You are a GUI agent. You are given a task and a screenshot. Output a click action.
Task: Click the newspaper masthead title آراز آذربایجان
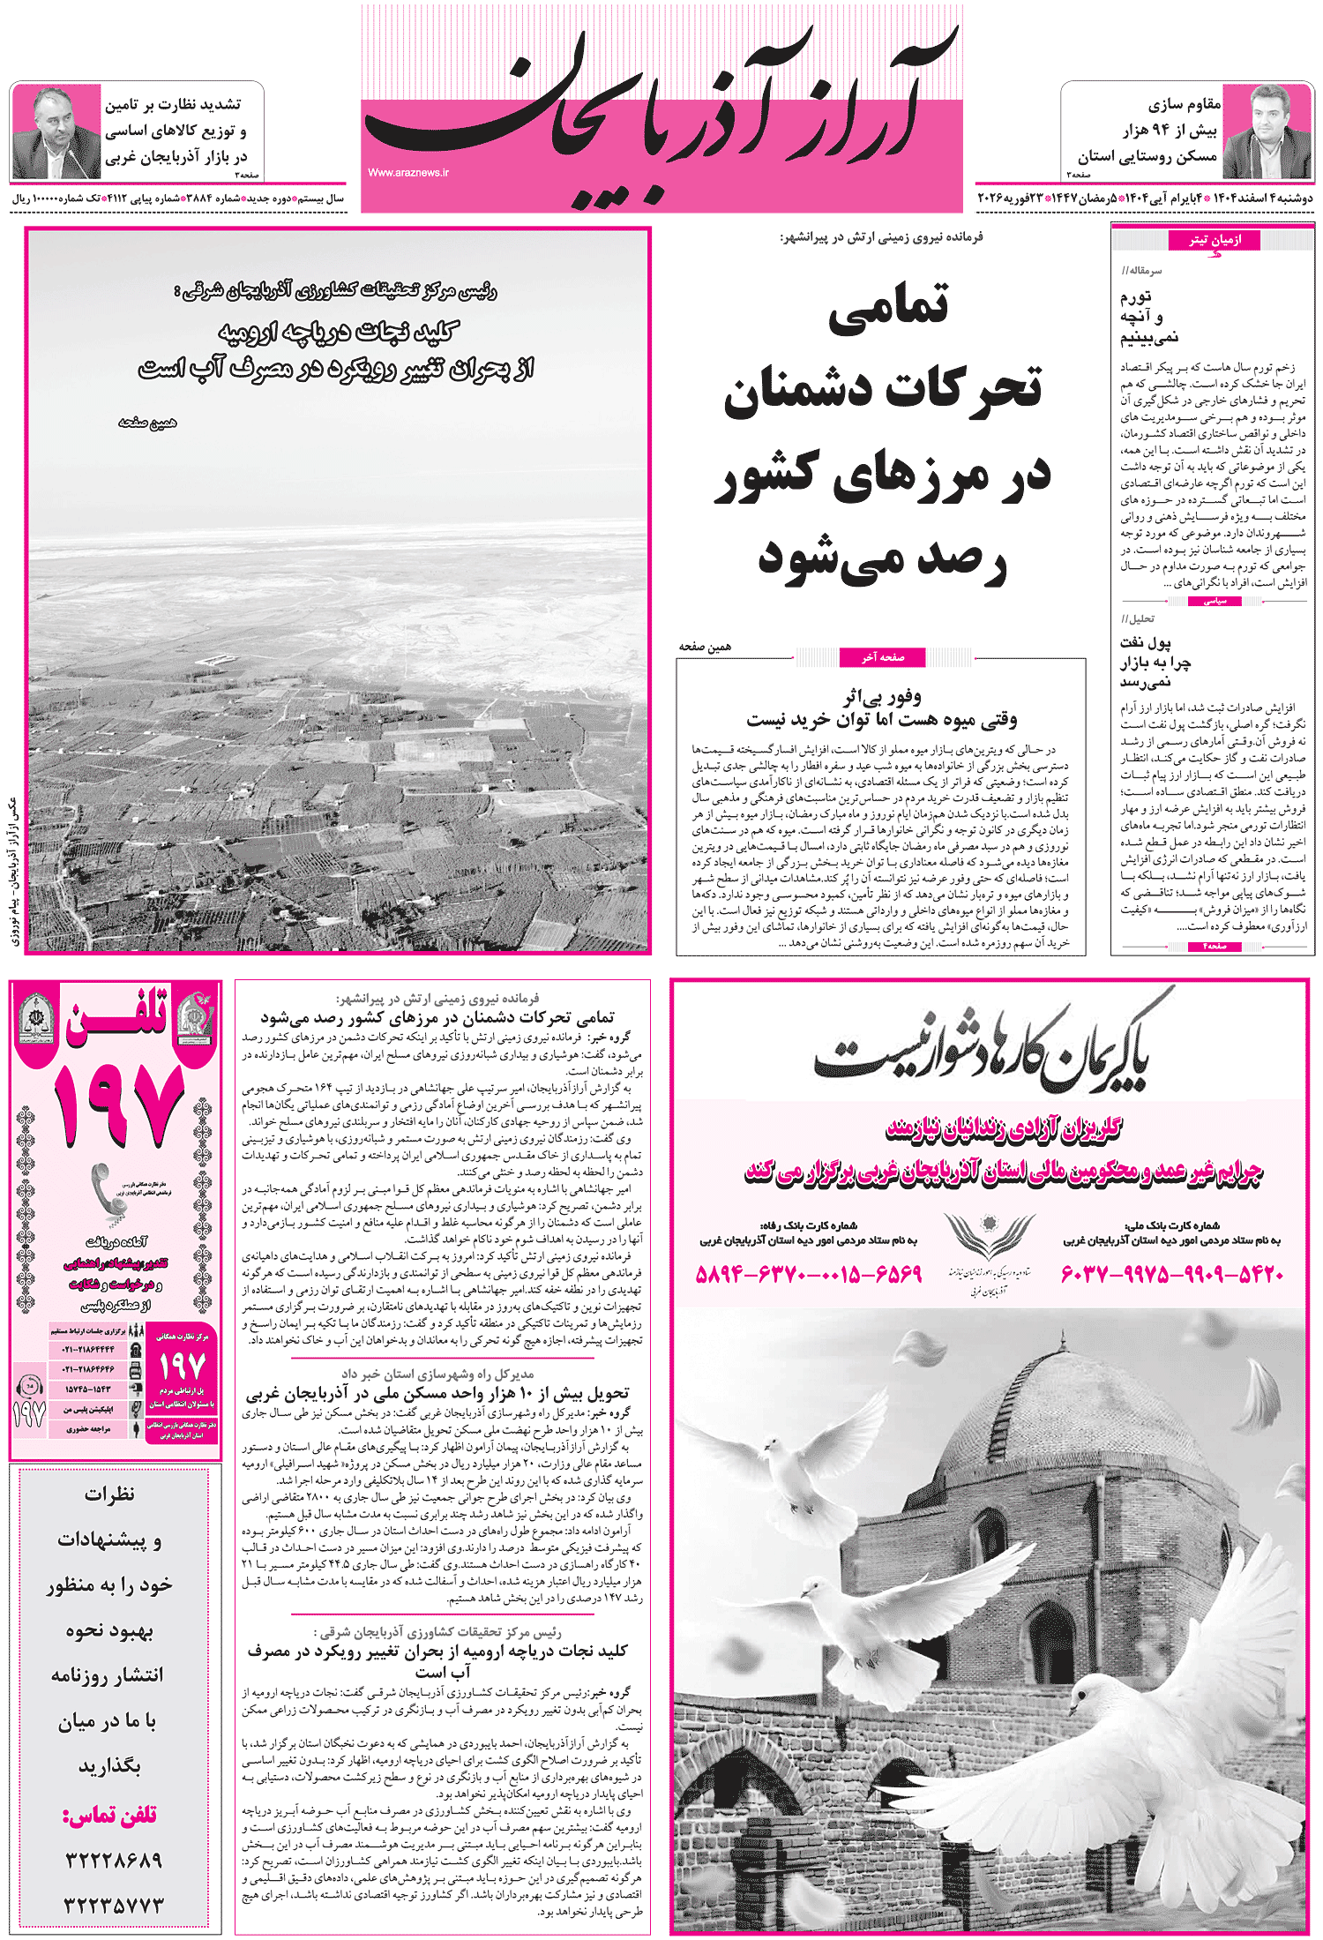[x=661, y=106]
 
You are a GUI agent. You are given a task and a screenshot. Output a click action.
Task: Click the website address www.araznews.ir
[x=408, y=173]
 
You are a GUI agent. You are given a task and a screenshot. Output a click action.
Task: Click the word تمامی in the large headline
[x=888, y=307]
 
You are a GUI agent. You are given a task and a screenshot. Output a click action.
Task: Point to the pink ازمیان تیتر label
[x=1214, y=240]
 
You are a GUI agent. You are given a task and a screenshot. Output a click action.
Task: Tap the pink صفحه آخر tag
[x=883, y=656]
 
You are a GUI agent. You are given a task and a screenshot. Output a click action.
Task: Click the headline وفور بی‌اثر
[x=882, y=698]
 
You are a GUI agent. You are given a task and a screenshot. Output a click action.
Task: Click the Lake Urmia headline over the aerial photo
[x=337, y=349]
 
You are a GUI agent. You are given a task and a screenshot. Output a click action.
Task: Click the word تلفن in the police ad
[x=117, y=1023]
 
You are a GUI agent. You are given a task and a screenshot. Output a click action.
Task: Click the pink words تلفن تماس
[x=109, y=1815]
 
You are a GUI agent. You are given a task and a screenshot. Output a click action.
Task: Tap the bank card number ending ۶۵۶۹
[x=809, y=1274]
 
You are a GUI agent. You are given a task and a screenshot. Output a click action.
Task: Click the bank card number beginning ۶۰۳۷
[x=1171, y=1274]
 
